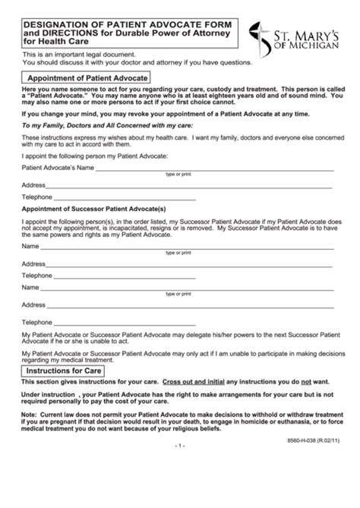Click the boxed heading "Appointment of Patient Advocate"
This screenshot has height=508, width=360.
tap(87, 77)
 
